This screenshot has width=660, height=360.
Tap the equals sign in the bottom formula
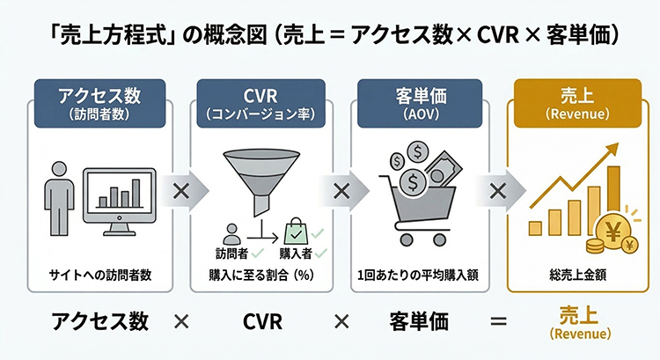[x=500, y=322]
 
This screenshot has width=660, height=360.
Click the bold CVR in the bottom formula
[x=262, y=322]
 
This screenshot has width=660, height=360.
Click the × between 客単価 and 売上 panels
[x=496, y=190]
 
